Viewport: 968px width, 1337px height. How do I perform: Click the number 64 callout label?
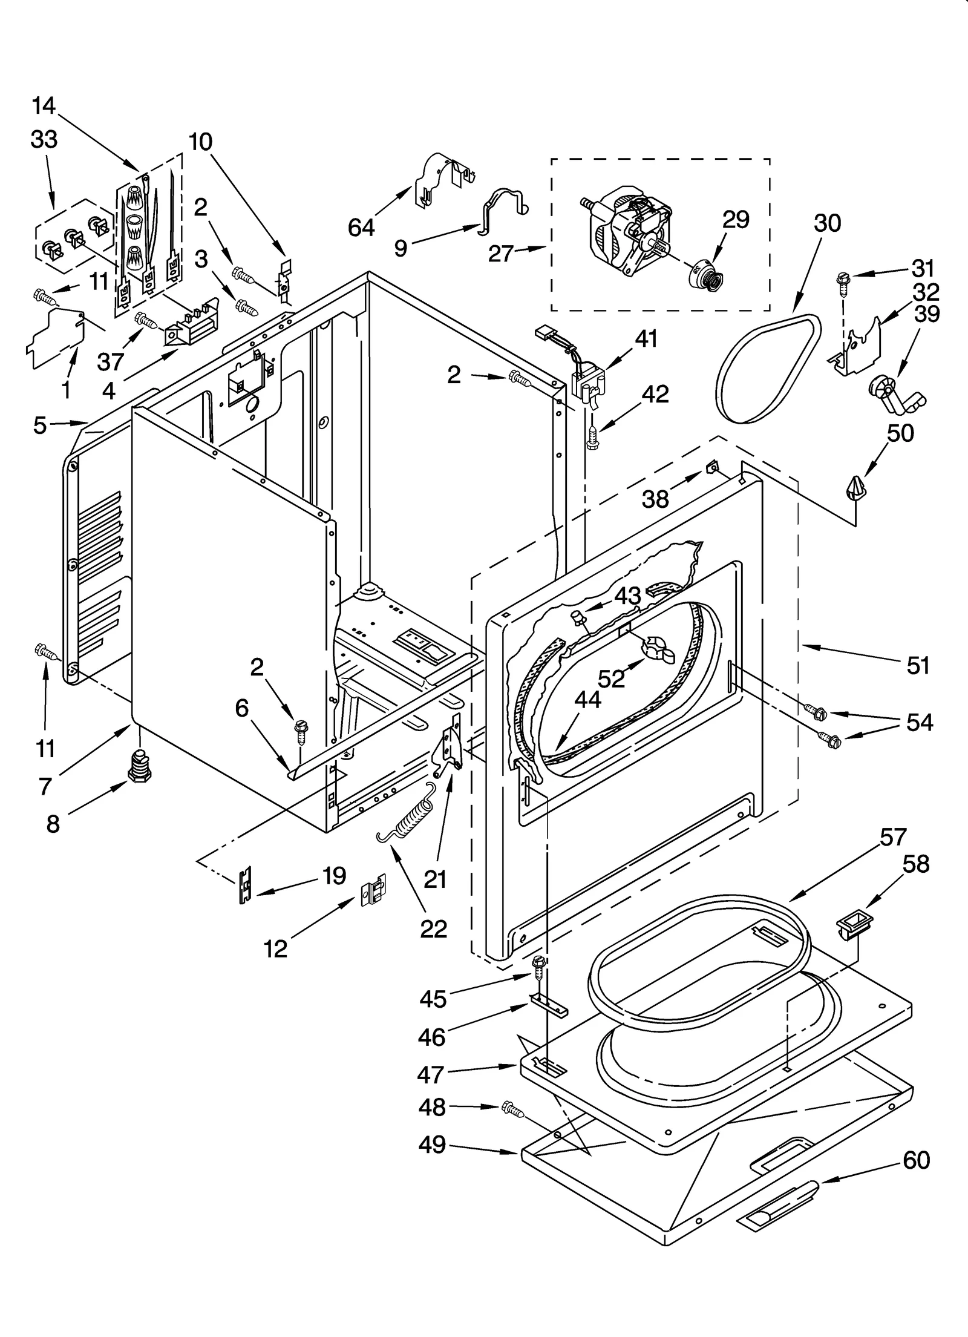point(361,227)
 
